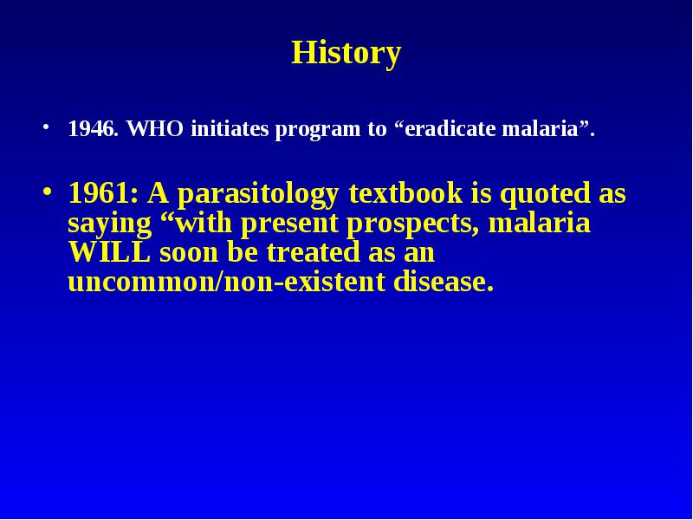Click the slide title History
point(346,54)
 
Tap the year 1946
point(94,128)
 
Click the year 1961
point(103,193)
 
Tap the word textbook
point(405,193)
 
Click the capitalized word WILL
point(109,252)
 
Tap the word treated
point(313,252)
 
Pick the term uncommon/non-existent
point(227,282)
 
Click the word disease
point(444,281)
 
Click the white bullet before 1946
point(46,127)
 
